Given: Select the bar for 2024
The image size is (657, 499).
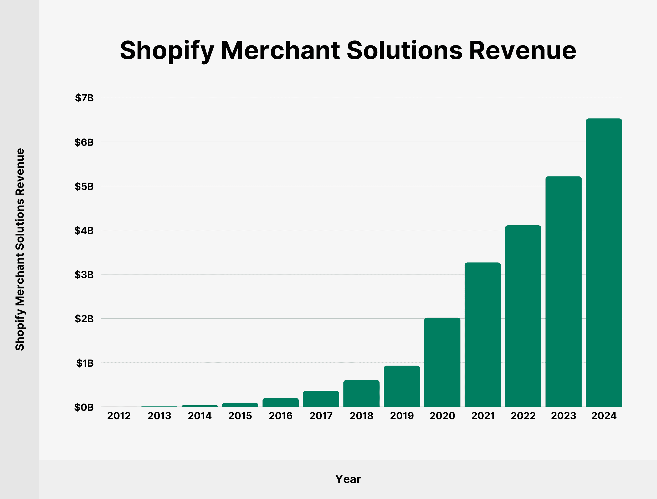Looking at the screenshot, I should pyautogui.click(x=604, y=263).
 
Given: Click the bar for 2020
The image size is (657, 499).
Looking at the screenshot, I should pyautogui.click(x=442, y=362).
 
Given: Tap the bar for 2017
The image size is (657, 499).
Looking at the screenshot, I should pyautogui.click(x=321, y=399).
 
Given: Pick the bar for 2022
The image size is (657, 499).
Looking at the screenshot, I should pyautogui.click(x=523, y=316).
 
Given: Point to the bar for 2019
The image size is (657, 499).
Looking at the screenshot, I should pyautogui.click(x=402, y=386).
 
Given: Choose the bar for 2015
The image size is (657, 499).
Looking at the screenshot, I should pyautogui.click(x=240, y=405).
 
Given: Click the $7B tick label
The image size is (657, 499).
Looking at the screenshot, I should pyautogui.click(x=84, y=98).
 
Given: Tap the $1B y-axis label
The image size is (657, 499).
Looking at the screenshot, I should pyautogui.click(x=85, y=363).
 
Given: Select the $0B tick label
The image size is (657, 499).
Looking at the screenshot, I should pyautogui.click(x=84, y=407).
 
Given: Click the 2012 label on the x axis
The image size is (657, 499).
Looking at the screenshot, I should pyautogui.click(x=119, y=415).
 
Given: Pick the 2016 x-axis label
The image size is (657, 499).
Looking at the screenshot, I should pyautogui.click(x=280, y=415).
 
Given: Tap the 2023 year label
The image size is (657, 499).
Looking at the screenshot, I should pyautogui.click(x=563, y=415).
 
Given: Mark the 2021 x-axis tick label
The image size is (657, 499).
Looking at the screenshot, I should pyautogui.click(x=483, y=415).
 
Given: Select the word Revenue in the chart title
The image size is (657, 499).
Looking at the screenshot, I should pyautogui.click(x=522, y=50).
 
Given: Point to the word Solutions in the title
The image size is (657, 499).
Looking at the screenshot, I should pyautogui.click(x=404, y=50).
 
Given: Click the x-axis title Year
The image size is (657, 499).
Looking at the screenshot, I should pyautogui.click(x=348, y=479).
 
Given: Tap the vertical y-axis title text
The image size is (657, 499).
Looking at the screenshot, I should pyautogui.click(x=20, y=250).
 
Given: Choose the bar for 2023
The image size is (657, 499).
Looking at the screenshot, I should pyautogui.click(x=563, y=291).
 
